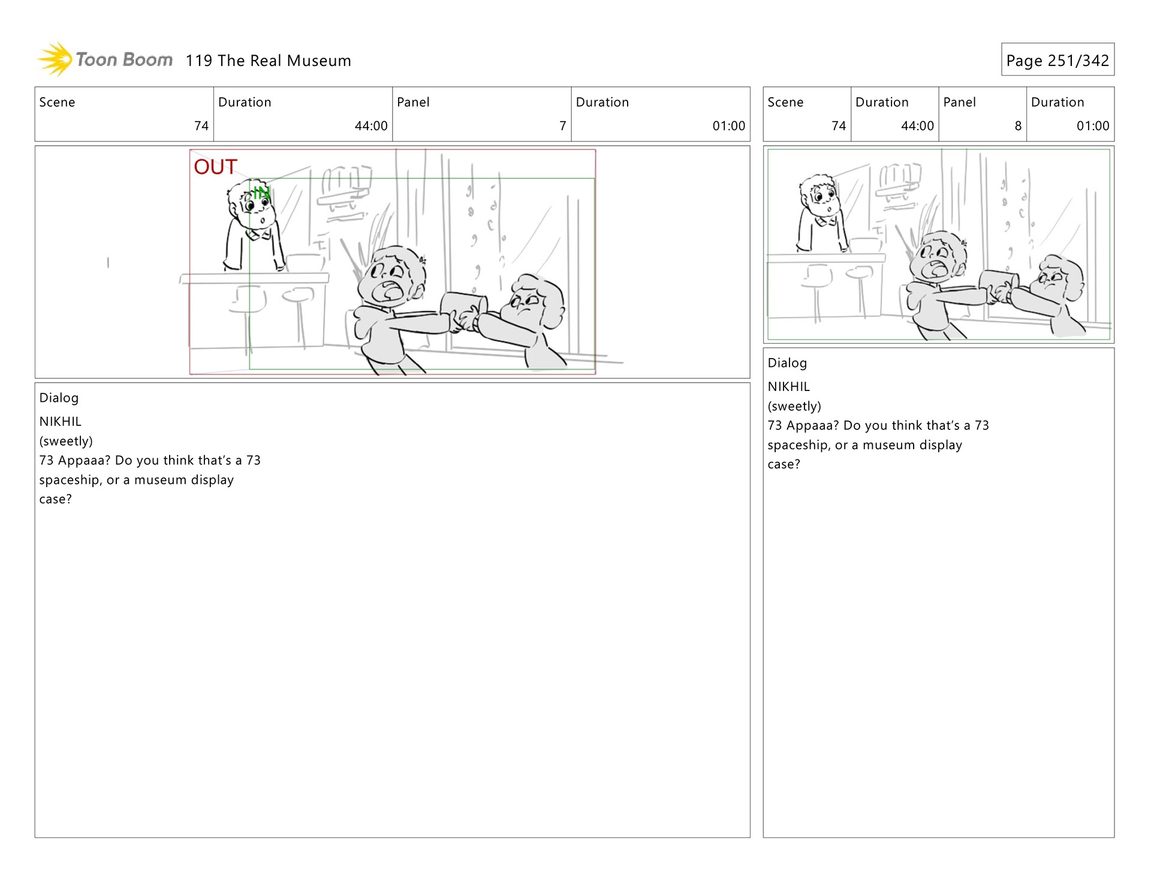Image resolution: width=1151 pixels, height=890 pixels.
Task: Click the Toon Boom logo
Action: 106,59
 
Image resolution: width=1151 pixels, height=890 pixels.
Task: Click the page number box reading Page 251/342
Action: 1057,59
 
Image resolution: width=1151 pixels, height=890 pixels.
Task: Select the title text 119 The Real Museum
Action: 268,61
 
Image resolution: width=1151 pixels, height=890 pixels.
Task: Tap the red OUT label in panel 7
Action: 215,167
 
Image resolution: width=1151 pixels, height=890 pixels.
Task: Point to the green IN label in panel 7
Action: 261,193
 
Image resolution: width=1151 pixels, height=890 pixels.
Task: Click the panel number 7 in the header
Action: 562,126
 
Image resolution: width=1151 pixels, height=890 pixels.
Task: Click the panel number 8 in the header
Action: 1018,126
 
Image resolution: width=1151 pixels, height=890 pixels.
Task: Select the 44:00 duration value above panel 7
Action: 371,126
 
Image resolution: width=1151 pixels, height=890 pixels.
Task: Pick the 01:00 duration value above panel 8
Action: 1093,126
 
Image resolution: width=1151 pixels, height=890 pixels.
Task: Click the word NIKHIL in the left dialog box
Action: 60,422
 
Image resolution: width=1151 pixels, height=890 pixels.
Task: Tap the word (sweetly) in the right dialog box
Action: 794,406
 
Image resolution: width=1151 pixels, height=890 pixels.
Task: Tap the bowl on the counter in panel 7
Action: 306,263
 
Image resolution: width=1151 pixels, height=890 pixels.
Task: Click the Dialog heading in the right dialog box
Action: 787,363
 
